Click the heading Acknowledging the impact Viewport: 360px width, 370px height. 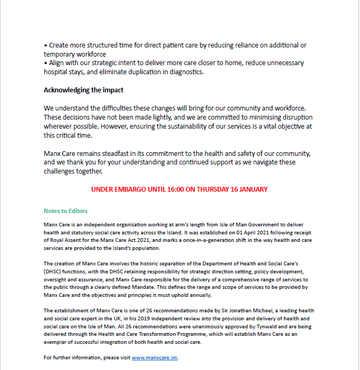pyautogui.click(x=83, y=90)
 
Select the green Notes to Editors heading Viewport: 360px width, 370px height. pyautogui.click(x=66, y=211)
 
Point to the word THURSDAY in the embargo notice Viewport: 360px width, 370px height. pyautogui.click(x=215, y=189)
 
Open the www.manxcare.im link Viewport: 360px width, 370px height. pyautogui.click(x=155, y=357)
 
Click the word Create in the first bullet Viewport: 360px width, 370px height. pyautogui.click(x=59, y=45)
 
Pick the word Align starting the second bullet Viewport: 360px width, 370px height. pyautogui.click(x=57, y=63)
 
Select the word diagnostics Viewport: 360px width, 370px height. pyautogui.click(x=185, y=72)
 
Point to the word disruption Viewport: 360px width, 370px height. pyautogui.click(x=296, y=117)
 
